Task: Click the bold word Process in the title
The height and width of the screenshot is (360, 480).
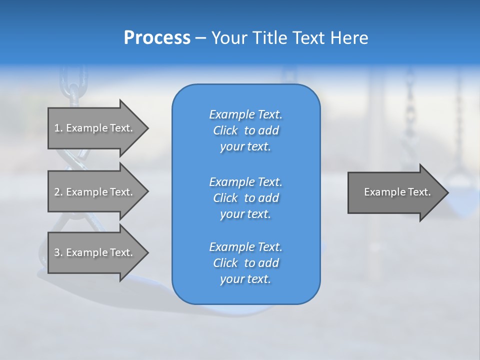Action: (157, 38)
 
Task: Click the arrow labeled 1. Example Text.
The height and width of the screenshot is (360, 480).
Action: (98, 128)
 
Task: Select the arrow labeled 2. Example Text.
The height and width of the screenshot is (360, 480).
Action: (98, 191)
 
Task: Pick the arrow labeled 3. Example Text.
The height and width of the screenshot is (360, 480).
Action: (98, 252)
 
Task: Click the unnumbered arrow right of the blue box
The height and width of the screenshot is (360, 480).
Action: (398, 192)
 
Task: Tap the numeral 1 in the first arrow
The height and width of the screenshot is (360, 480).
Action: (57, 128)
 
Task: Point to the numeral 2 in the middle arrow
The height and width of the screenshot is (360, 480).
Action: (57, 192)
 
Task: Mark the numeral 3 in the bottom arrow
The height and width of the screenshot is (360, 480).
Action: (57, 252)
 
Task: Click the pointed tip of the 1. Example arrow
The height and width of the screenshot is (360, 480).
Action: (148, 128)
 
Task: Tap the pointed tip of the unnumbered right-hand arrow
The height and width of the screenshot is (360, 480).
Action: (448, 193)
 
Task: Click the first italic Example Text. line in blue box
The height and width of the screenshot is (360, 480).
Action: (246, 114)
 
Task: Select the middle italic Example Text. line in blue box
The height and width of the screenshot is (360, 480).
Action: (246, 182)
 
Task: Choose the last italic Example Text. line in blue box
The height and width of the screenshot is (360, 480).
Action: (246, 247)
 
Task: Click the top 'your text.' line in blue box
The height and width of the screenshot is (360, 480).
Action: (245, 146)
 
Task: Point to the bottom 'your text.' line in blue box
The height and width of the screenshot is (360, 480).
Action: (245, 279)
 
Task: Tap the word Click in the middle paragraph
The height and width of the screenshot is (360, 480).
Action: (225, 198)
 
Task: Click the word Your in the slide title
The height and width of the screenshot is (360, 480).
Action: (229, 37)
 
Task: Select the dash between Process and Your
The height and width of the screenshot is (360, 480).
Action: (200, 39)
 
